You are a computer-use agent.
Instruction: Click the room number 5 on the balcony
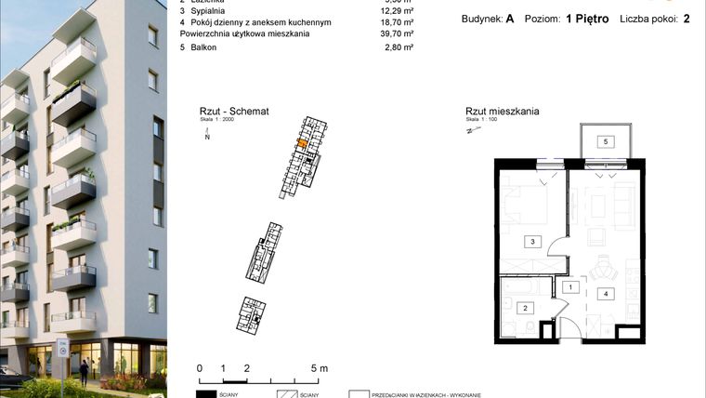click(605, 141)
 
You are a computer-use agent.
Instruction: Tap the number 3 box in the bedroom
click(532, 242)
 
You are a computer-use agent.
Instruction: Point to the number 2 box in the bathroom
click(525, 308)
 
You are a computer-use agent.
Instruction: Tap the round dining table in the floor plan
click(606, 271)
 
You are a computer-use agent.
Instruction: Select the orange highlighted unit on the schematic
click(301, 143)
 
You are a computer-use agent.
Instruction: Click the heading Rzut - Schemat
click(234, 111)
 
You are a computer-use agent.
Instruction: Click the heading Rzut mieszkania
click(503, 112)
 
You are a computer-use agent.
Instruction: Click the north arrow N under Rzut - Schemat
click(208, 136)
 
